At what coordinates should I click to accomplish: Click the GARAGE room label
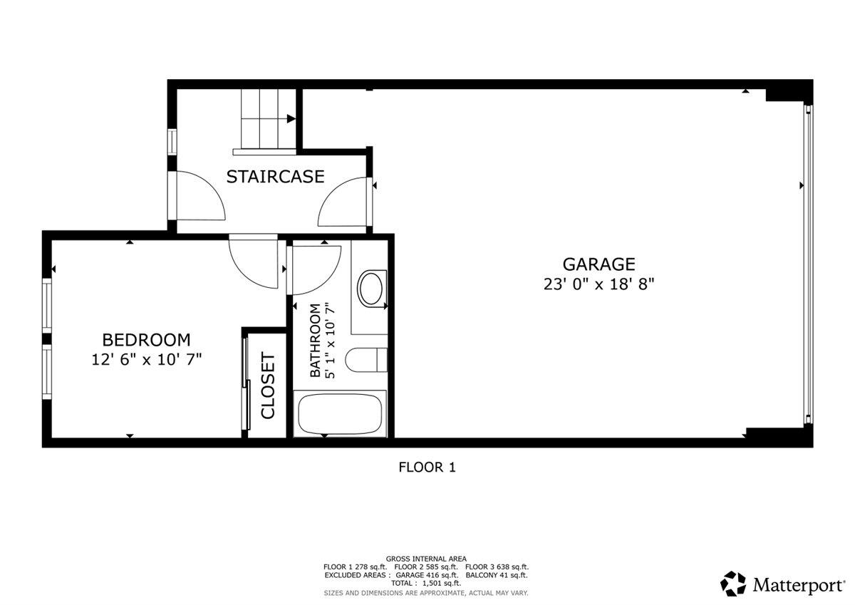point(598,264)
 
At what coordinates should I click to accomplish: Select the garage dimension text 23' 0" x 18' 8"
point(598,284)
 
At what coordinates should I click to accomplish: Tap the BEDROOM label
point(146,340)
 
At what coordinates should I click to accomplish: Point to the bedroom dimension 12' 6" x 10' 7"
point(146,360)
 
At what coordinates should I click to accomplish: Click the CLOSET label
point(268,386)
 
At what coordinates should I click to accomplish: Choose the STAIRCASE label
point(275,176)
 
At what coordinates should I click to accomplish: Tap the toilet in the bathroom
point(364,360)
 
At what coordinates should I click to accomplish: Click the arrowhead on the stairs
point(291,119)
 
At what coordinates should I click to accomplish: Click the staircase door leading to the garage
point(344,204)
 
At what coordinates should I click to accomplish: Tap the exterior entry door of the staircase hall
point(199,200)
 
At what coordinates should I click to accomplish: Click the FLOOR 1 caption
point(426,467)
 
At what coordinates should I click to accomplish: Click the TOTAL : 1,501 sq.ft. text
point(426,583)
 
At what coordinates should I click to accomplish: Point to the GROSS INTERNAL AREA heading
point(426,559)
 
